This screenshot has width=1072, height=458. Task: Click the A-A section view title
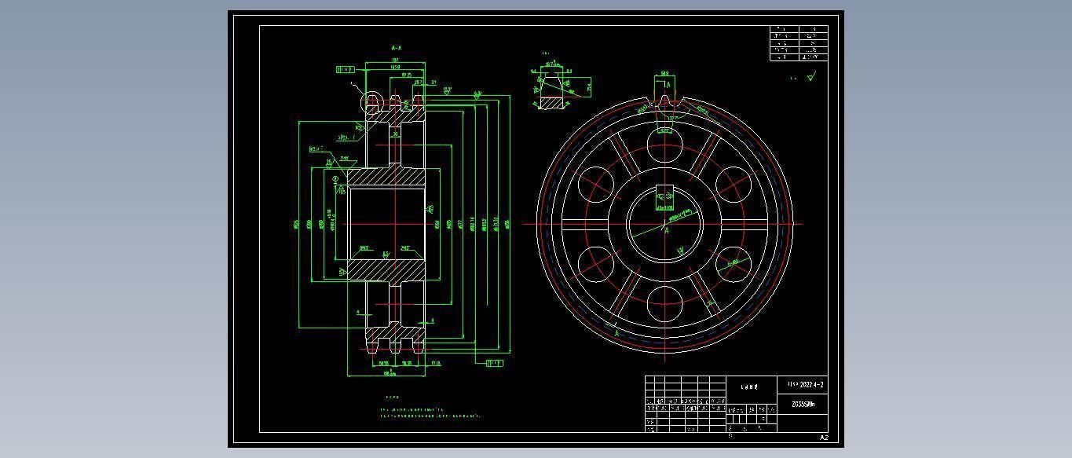397,48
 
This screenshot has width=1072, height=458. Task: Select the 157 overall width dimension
395,60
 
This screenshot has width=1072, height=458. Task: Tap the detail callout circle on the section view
371,101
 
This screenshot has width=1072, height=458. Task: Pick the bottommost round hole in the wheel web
665,303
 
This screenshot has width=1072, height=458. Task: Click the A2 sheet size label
824,438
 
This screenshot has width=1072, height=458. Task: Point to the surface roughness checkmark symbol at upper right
811,76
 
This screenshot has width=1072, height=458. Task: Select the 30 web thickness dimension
396,134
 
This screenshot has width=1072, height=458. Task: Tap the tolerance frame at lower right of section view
494,363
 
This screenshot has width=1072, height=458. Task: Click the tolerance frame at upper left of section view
344,70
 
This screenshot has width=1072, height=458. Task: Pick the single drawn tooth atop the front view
664,101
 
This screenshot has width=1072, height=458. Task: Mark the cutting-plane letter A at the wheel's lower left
616,334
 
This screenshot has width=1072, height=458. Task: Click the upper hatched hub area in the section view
386,178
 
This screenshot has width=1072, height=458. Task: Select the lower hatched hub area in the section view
386,269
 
